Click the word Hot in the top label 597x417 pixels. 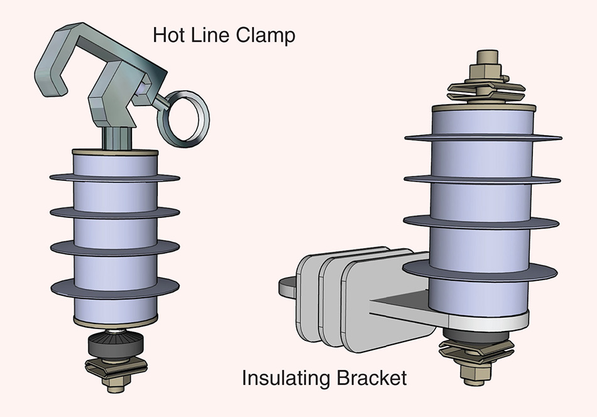[x=168, y=35]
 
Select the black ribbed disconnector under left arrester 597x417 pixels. [x=115, y=344]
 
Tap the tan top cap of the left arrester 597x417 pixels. [x=115, y=153]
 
